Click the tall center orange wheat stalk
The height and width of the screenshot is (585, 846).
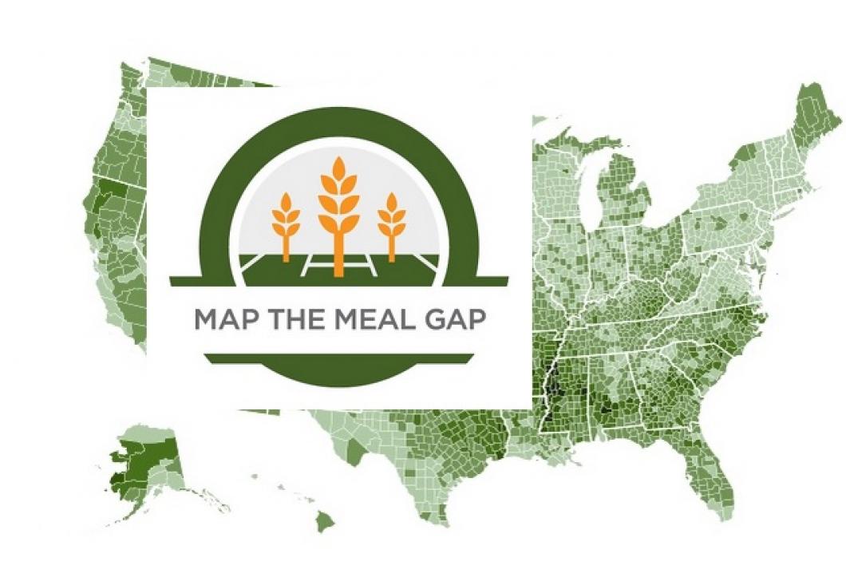pyautogui.click(x=338, y=215)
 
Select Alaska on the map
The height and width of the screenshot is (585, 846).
pyautogui.click(x=144, y=463)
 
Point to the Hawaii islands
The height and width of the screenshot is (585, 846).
pyautogui.click(x=323, y=521)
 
